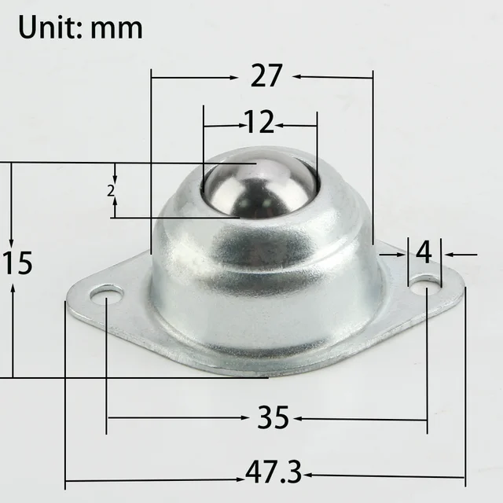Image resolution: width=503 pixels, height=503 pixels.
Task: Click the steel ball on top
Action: click(x=259, y=187)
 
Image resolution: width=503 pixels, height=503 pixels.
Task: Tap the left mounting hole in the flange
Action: click(x=106, y=296)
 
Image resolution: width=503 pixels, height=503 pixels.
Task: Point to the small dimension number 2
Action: click(x=111, y=190)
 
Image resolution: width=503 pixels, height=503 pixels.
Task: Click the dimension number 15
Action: click(x=17, y=263)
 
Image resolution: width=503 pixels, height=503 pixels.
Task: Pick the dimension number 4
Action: click(x=424, y=254)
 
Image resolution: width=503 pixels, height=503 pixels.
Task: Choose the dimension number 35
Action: click(x=274, y=418)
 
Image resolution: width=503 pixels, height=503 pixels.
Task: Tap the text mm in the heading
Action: click(x=116, y=28)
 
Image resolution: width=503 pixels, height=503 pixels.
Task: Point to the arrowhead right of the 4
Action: click(x=446, y=254)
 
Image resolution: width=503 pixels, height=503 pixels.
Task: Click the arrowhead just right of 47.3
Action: click(x=309, y=474)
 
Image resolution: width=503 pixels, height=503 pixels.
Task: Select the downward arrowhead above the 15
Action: click(x=13, y=240)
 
